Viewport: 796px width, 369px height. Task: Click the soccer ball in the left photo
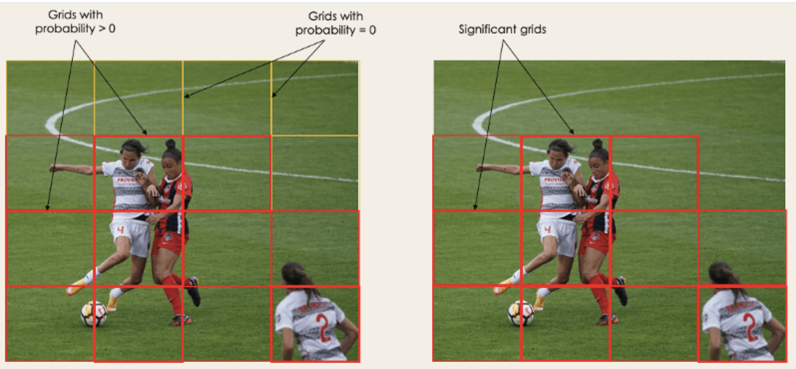tap(94, 314)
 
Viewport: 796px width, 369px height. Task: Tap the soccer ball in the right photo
tap(521, 314)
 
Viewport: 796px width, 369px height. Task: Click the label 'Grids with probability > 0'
tap(75, 21)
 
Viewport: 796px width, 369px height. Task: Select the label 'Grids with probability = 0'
tap(336, 23)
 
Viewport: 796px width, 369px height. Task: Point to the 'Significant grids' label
tap(502, 29)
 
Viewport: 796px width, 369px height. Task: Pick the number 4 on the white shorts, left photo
tap(120, 230)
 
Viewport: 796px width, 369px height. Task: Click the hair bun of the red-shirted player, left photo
tap(170, 143)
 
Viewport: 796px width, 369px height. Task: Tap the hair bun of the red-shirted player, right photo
tap(597, 143)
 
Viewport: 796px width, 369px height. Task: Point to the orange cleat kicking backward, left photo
tap(75, 287)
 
